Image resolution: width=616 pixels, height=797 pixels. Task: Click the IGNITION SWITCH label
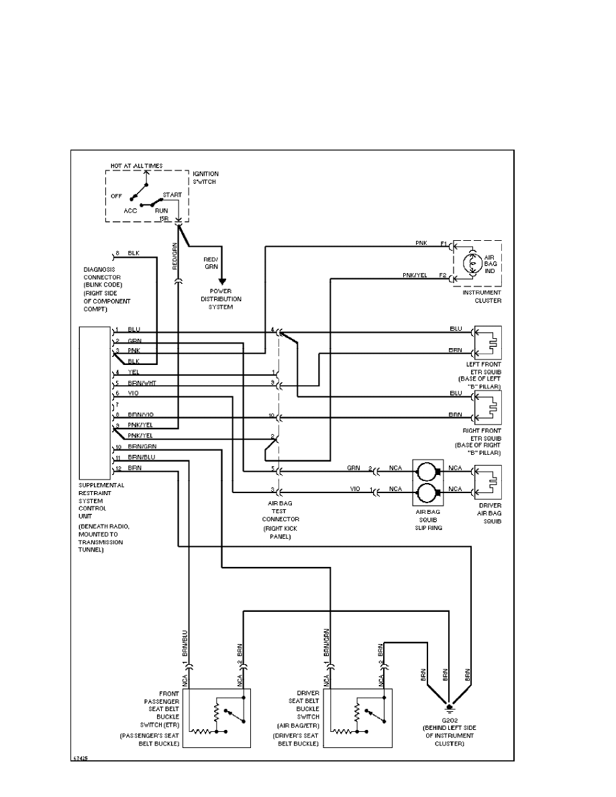tap(205, 178)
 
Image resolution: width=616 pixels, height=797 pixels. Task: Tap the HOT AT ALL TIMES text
tap(136, 165)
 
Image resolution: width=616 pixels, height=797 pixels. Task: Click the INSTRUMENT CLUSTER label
tap(482, 297)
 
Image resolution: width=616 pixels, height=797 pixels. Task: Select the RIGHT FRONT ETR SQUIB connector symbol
tap(488, 406)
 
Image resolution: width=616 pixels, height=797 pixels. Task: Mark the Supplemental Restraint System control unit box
tap(95, 403)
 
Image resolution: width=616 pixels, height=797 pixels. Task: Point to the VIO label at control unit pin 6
tap(132, 393)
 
